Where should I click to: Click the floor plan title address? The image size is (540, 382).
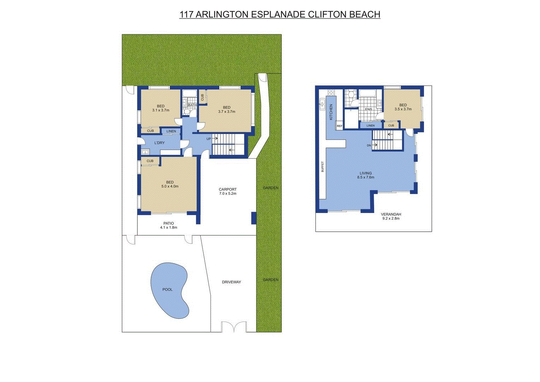click(280, 15)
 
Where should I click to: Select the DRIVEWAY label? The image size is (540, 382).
click(231, 282)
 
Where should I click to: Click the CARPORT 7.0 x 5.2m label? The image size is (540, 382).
click(227, 191)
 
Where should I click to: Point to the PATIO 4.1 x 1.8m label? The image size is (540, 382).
click(168, 225)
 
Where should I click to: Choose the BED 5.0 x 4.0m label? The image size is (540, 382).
click(170, 184)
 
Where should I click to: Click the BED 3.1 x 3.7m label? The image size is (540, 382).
click(161, 108)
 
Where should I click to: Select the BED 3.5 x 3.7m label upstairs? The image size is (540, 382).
click(403, 107)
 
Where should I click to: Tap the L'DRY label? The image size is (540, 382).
click(159, 143)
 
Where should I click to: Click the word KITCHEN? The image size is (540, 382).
click(331, 112)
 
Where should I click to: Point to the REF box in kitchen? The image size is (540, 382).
click(339, 126)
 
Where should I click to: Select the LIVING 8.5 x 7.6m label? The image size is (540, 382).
click(366, 175)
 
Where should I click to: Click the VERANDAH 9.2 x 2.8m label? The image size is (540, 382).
click(391, 216)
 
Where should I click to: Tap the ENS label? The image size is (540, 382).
click(368, 110)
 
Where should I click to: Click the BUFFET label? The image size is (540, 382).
click(322, 167)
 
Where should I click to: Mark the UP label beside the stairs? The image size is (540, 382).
click(209, 139)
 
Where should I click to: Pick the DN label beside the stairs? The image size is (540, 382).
click(369, 145)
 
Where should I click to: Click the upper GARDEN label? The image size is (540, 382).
click(271, 188)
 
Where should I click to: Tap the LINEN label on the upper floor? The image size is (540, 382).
click(370, 126)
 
